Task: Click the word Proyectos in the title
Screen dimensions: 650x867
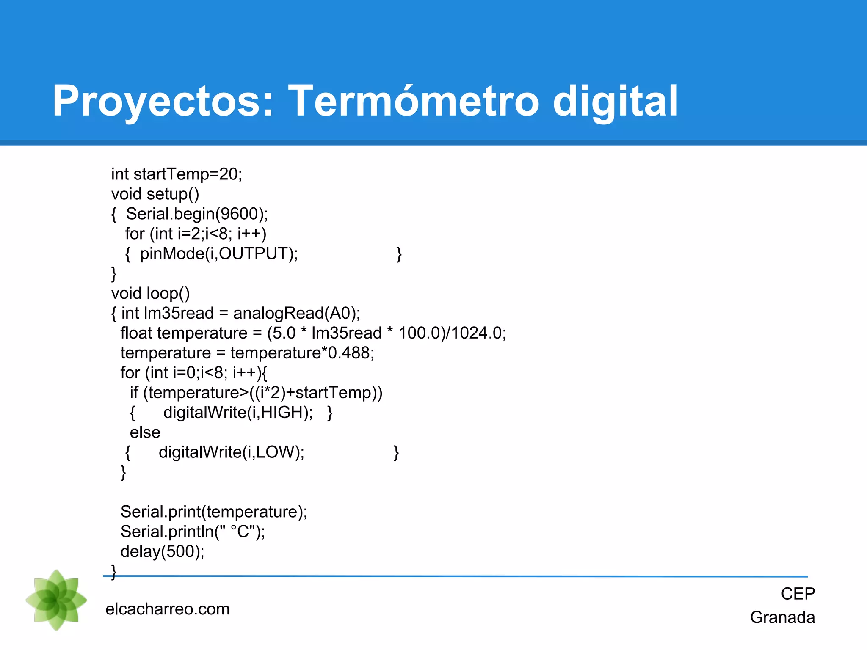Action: coord(163,102)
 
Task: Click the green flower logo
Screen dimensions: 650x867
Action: coord(56,600)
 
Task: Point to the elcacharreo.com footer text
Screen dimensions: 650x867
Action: coord(167,609)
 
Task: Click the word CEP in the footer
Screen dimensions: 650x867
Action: coord(798,594)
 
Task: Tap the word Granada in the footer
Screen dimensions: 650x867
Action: coord(782,617)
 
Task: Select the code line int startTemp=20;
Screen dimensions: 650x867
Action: coord(177,174)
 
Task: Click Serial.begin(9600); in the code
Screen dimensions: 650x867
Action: coord(197,214)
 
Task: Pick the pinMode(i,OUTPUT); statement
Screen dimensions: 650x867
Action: coord(219,254)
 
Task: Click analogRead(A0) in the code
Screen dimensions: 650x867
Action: coord(296,313)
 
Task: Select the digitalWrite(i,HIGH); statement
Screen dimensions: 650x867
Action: coord(238,413)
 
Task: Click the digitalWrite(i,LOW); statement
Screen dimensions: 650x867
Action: coord(231,452)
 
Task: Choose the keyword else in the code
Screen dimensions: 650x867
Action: coord(145,432)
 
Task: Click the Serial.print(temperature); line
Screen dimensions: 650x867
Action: coord(214,512)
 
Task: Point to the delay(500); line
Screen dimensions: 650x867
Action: coord(162,551)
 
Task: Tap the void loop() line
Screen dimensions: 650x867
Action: coord(150,293)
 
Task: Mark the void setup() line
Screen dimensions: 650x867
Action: coord(155,194)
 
